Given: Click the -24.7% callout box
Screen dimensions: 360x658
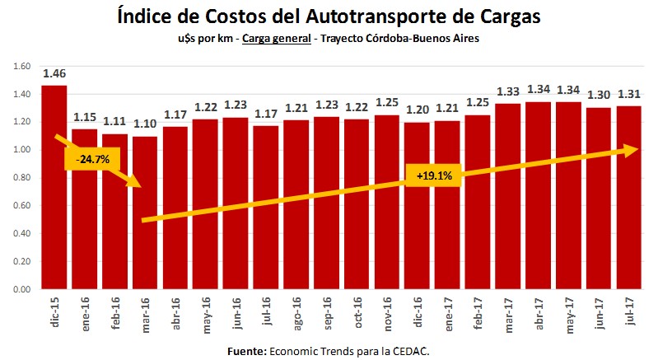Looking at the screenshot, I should [86, 158].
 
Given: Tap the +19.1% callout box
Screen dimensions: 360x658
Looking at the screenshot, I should [428, 175].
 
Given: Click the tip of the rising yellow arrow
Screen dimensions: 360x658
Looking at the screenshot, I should [639, 149].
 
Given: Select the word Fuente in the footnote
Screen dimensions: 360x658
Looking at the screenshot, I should [248, 351].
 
